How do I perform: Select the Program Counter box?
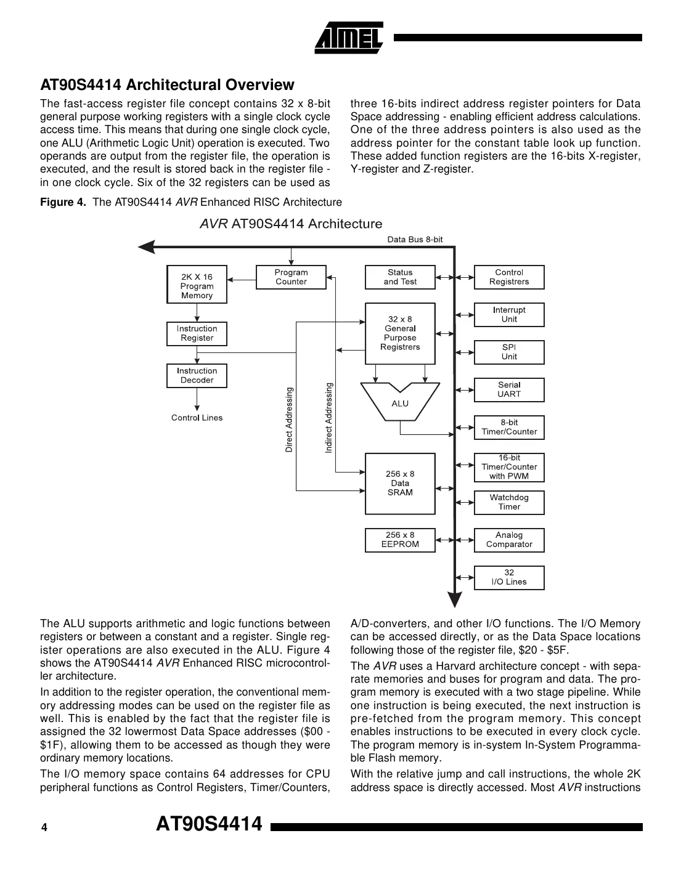291,277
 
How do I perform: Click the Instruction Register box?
197,333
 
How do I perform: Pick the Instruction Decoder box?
197,376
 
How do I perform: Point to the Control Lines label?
197,418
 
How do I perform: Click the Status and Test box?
400,277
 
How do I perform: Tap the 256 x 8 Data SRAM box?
400,484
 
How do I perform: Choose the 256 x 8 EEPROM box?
400,540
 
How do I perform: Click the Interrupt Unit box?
509,315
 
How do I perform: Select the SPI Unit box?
509,352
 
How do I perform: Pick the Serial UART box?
509,389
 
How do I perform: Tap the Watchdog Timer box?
509,502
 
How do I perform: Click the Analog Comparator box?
509,540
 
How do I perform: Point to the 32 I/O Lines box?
509,577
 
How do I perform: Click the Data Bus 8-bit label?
415,240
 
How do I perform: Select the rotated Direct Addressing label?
289,420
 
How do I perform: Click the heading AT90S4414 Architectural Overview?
167,84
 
